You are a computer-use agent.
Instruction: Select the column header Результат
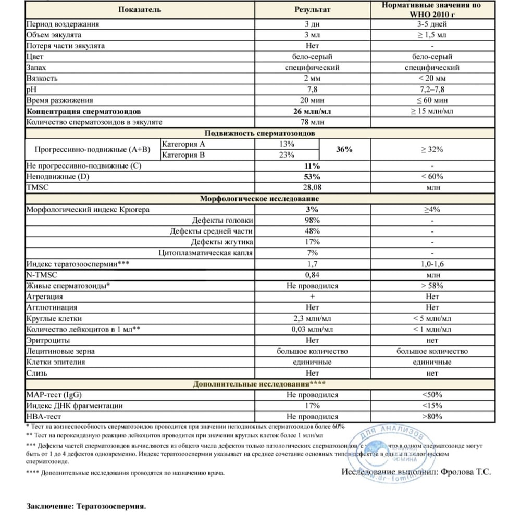point(313,9)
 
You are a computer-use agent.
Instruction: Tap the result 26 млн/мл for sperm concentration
point(313,112)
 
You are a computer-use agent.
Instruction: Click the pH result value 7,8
point(313,89)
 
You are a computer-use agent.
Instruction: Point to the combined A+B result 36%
point(344,149)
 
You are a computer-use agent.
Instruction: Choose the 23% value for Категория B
point(287,155)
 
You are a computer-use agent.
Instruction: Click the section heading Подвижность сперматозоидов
point(260,133)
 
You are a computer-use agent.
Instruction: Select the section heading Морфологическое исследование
point(260,199)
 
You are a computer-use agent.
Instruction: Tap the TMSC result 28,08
point(313,187)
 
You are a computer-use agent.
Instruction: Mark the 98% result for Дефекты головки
point(313,220)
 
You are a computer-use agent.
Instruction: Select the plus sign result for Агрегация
point(313,297)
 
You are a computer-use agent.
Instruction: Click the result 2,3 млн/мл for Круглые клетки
point(313,318)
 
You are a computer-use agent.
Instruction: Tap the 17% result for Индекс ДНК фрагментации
point(313,405)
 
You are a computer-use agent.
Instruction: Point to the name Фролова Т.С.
point(465,472)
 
